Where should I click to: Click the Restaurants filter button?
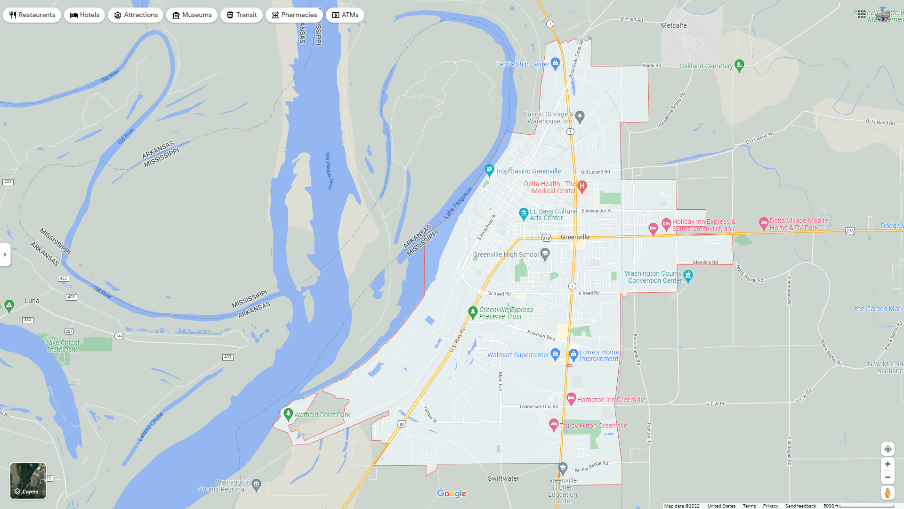pos(32,15)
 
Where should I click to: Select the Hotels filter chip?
pos(85,15)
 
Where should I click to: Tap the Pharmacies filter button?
pos(294,15)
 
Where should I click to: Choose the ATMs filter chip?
pos(345,15)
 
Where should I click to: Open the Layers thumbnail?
pos(28,481)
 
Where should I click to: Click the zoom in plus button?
pos(888,464)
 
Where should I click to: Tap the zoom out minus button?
pos(888,477)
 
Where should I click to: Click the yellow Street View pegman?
pos(888,493)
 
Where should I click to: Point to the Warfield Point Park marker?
pos(288,414)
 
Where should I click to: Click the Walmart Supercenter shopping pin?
pos(555,354)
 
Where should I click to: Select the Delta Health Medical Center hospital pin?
pos(582,186)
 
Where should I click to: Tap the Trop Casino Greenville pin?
pos(489,170)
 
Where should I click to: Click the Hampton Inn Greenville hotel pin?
pos(571,399)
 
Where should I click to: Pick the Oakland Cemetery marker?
pos(739,65)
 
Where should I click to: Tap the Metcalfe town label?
pos(674,25)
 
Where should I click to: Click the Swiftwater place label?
pos(503,478)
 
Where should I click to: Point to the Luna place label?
pos(32,301)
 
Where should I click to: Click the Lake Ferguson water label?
pos(458,203)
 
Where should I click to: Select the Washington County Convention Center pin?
pos(688,276)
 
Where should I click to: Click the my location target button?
pos(888,449)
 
